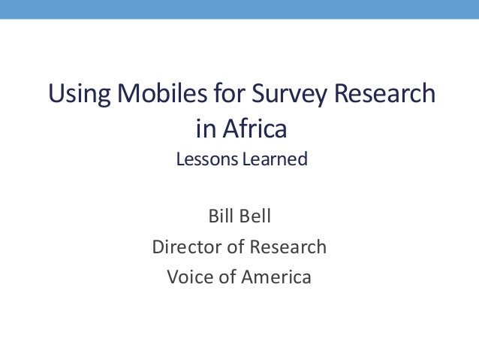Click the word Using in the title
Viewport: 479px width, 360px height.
coord(72,95)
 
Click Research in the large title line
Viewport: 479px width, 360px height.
coord(385,95)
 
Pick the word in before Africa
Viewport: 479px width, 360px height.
coord(204,129)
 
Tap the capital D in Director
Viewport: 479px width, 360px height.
coord(158,247)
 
